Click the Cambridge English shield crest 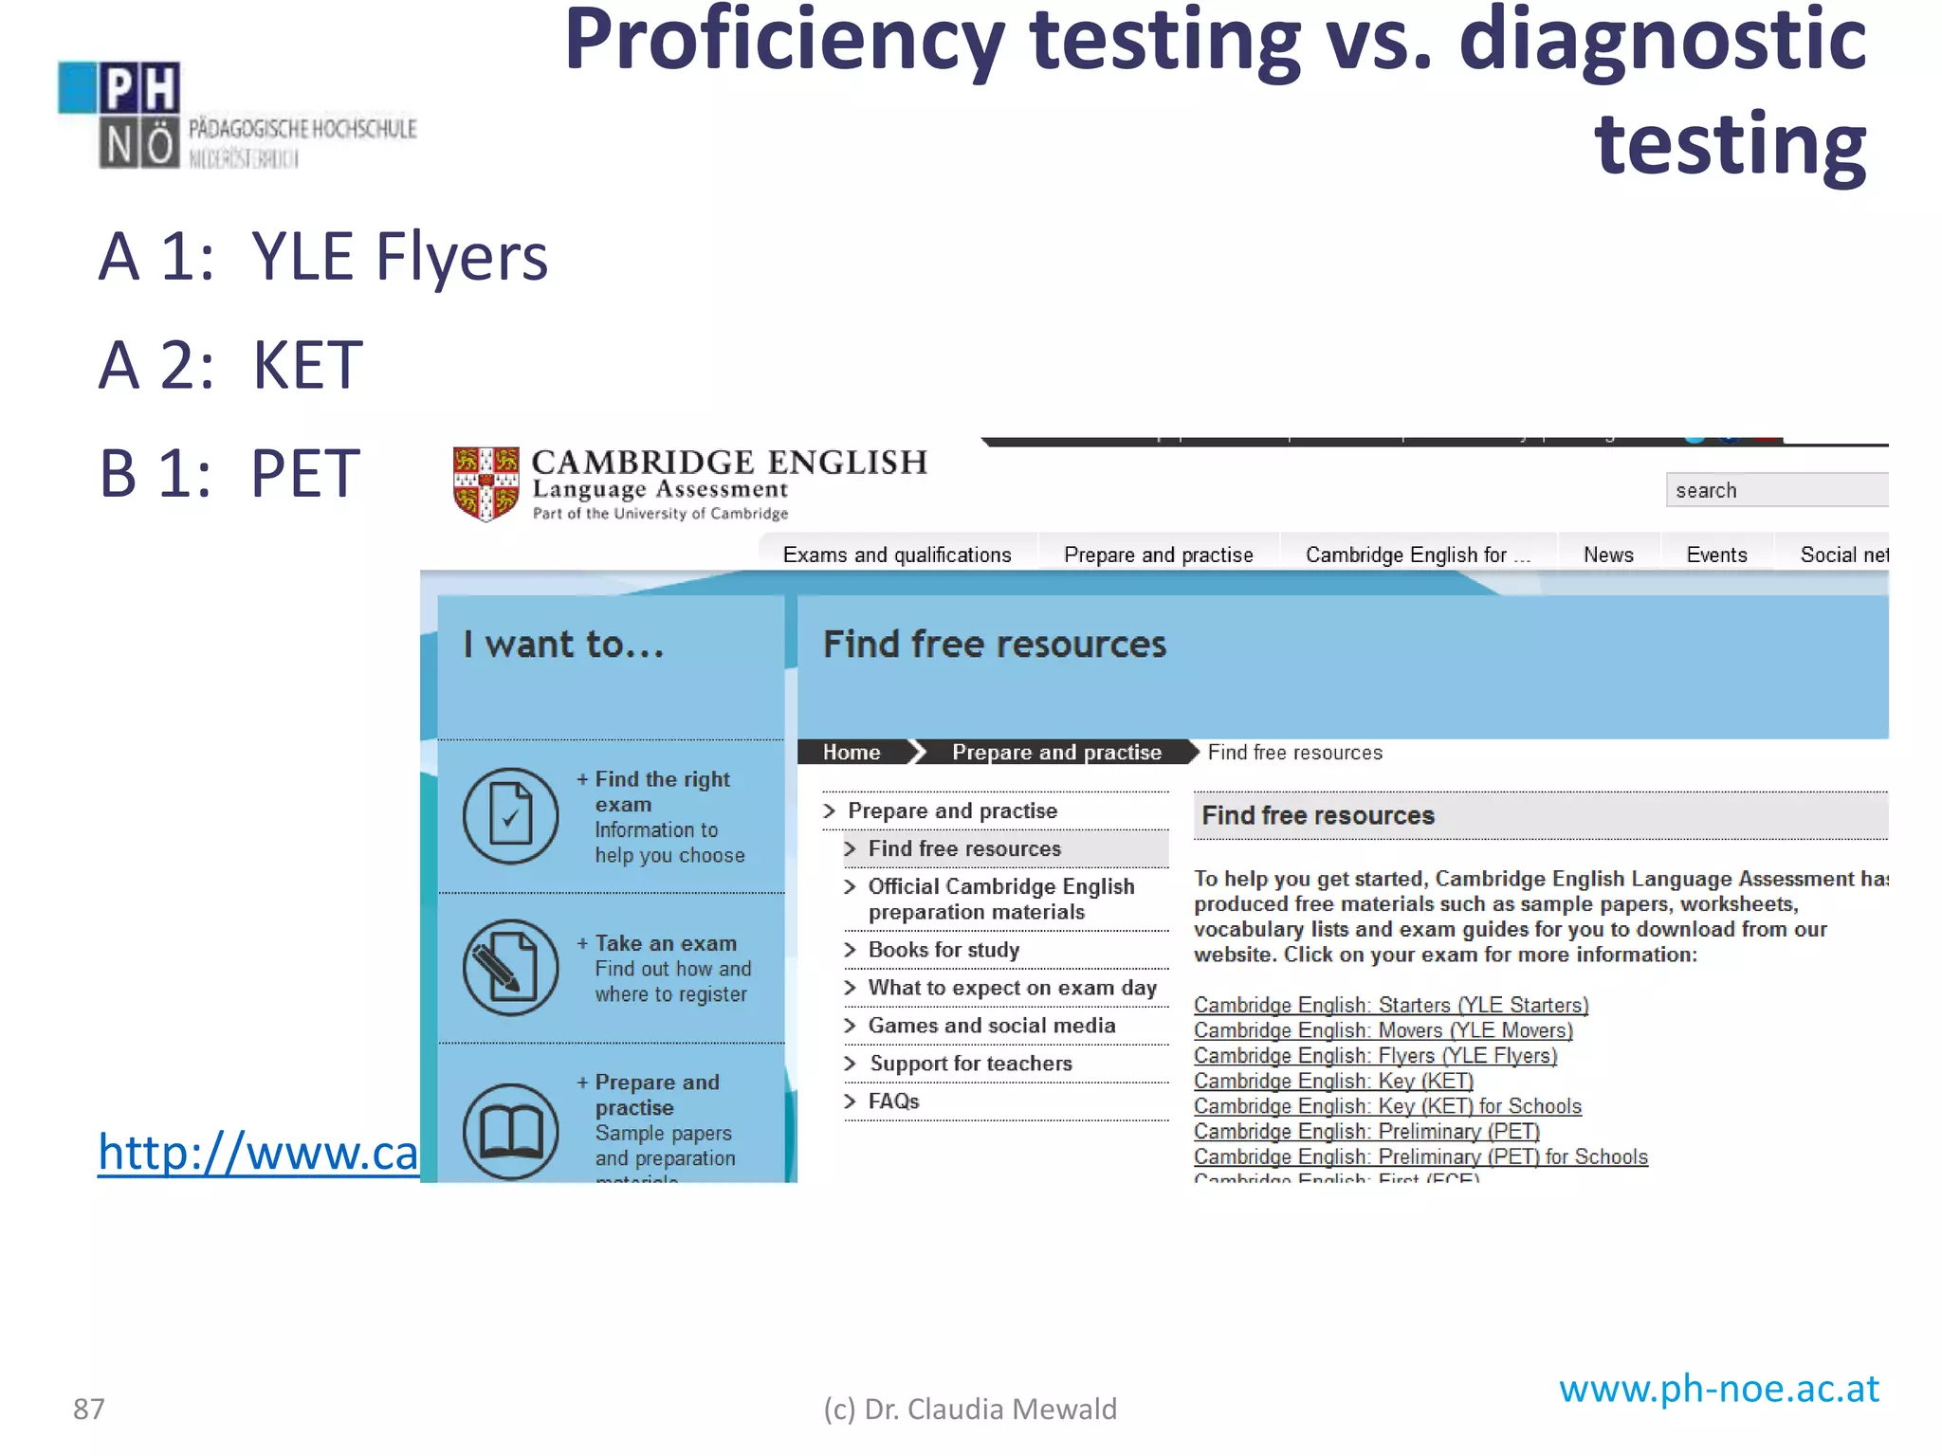coord(485,483)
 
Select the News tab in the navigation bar coord(1608,555)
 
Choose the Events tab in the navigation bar coord(1716,555)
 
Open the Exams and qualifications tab coord(897,555)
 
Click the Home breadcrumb coord(852,752)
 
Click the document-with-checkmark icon coord(510,815)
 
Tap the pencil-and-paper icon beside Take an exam coord(510,967)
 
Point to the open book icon coord(510,1130)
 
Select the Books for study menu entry coord(944,950)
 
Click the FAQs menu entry coord(893,1101)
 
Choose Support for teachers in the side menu coord(971,1064)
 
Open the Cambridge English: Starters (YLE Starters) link coord(1390,1005)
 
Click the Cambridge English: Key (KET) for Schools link coord(1387,1106)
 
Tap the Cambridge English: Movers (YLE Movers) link coord(1383,1030)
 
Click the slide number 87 coord(89,1410)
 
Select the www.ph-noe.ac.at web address coord(1719,1389)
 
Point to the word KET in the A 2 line coord(307,366)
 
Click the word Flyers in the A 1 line coord(462,257)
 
